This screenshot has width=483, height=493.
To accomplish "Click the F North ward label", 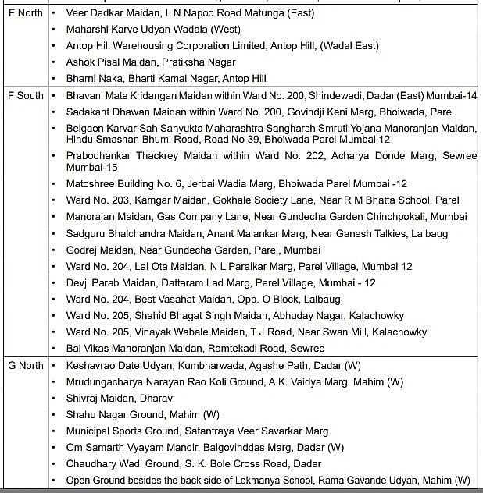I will [x=24, y=14].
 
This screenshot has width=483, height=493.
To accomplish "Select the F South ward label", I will [x=25, y=95].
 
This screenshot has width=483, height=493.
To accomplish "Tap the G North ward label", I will [x=26, y=365].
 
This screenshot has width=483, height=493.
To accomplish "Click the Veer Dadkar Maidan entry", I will [x=201, y=14].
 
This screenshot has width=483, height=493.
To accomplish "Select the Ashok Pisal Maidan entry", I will [x=151, y=62].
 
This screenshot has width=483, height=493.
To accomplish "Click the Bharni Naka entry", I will [x=166, y=78].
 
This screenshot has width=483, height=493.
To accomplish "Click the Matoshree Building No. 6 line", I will [x=237, y=184].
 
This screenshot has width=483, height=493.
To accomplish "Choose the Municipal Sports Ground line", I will [x=197, y=431].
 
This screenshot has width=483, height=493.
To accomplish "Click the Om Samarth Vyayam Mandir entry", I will [x=205, y=447].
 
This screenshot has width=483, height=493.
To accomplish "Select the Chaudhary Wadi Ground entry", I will [x=193, y=463].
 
